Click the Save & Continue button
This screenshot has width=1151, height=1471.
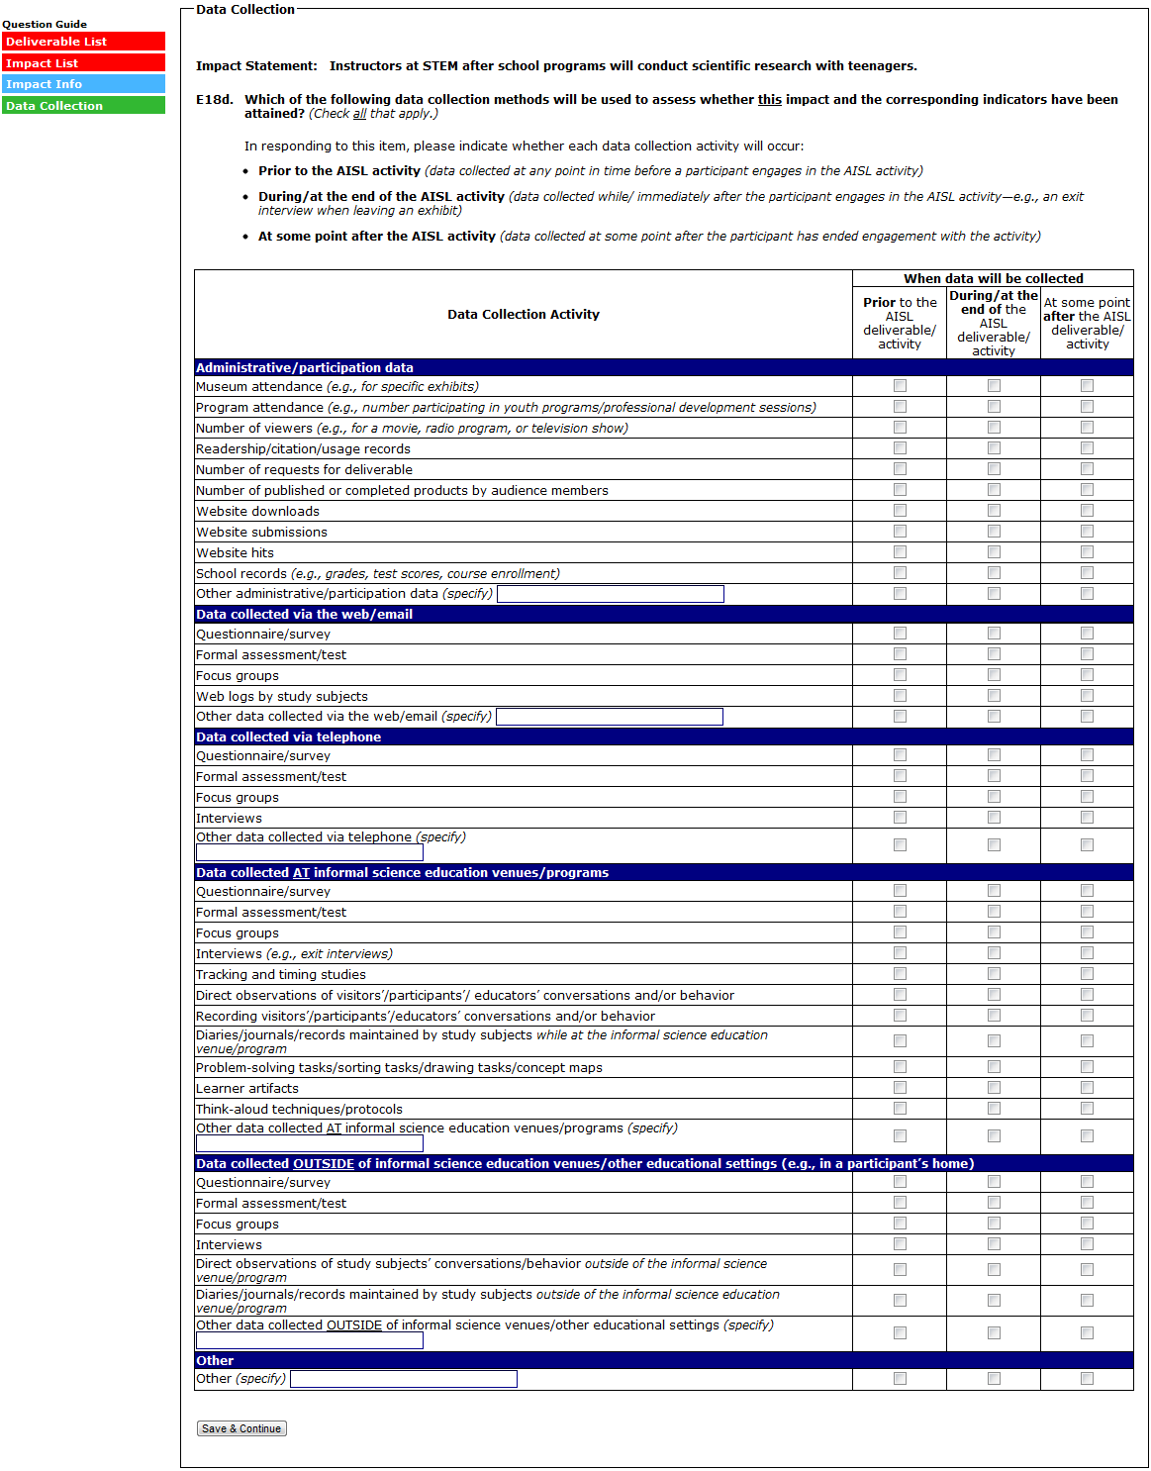[x=241, y=1428]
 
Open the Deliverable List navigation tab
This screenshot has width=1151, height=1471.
[x=83, y=42]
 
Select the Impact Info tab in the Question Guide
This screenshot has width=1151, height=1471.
[x=83, y=84]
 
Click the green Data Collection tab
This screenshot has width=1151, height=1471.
[x=83, y=106]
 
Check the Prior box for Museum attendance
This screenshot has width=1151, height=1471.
[x=900, y=386]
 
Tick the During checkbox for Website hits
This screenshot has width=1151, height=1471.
[x=994, y=552]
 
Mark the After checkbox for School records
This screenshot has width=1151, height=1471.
[x=1087, y=573]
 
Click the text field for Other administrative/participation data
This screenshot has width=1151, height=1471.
[x=610, y=594]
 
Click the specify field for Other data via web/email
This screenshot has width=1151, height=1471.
[x=609, y=717]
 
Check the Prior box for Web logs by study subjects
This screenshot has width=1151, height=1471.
[x=900, y=696]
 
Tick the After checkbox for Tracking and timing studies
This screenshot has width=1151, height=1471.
[x=1087, y=974]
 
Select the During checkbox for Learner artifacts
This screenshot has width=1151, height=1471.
[x=994, y=1088]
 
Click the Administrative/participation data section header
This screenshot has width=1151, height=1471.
[x=305, y=367]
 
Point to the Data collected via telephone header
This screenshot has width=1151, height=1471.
[x=288, y=736]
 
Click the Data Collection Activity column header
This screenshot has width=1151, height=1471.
[x=523, y=315]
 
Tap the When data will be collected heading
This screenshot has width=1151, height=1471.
[x=993, y=279]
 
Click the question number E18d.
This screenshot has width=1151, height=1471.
[x=215, y=100]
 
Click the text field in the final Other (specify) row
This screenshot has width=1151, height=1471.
[x=403, y=1379]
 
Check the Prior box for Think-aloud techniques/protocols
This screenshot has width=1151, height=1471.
[x=900, y=1109]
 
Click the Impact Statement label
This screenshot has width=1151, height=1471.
[x=256, y=66]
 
